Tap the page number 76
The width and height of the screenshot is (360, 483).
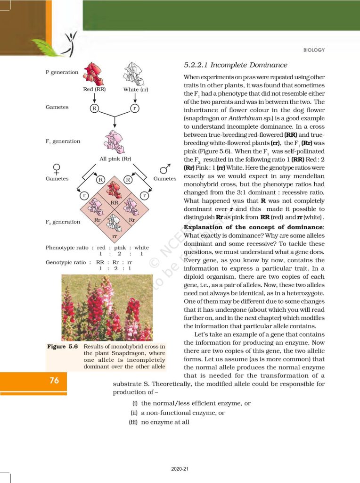54,380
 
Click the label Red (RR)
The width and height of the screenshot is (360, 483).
94,90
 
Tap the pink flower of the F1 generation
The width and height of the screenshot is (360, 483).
114,141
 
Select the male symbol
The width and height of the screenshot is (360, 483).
164,168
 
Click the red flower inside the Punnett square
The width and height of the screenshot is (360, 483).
114,189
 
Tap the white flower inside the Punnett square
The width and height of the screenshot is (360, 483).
114,222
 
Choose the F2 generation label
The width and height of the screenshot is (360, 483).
63,222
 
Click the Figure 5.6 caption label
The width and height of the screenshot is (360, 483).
63,347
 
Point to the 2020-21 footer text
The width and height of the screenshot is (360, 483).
180,469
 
